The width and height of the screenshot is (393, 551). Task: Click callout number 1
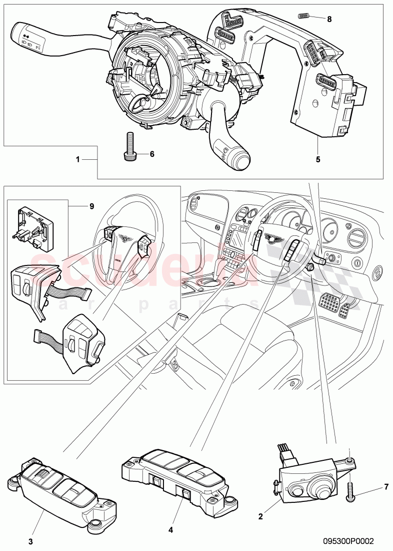click(77, 159)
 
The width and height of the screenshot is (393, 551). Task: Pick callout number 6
click(151, 154)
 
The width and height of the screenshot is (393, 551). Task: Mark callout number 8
click(329, 19)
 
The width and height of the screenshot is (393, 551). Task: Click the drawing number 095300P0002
click(349, 541)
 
